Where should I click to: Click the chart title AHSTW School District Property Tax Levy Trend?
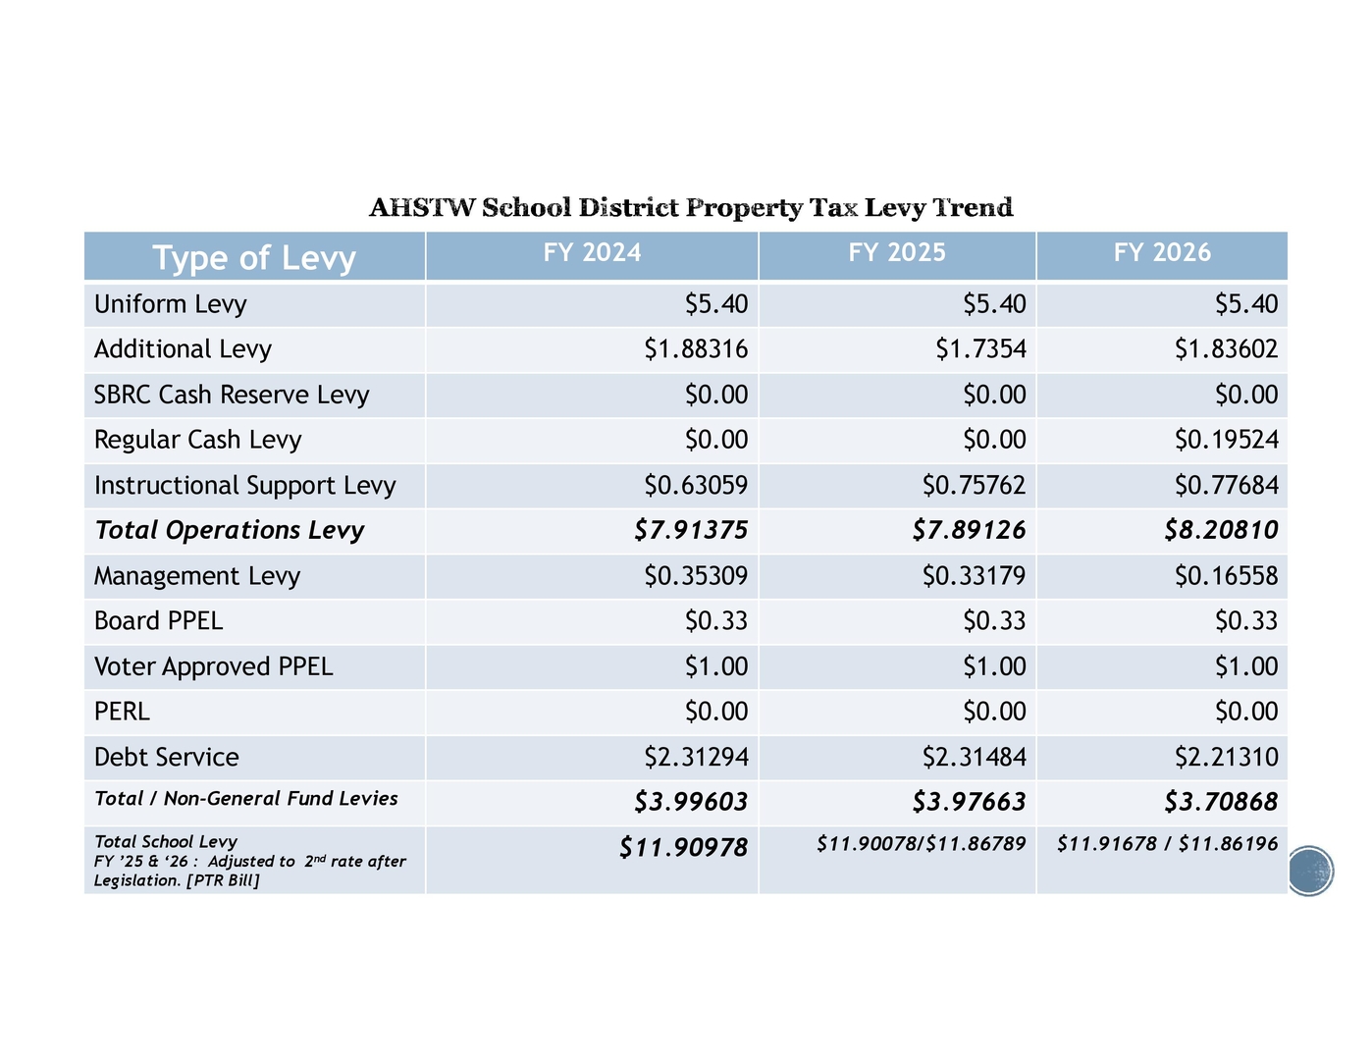tap(691, 208)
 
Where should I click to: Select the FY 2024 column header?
tap(592, 253)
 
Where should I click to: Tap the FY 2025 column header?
tap(897, 253)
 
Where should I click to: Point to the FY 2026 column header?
tap(1162, 253)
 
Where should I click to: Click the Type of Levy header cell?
tap(254, 257)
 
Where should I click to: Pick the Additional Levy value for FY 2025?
tap(980, 349)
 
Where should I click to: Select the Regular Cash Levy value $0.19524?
tap(1226, 440)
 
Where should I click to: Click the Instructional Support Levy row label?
tap(244, 486)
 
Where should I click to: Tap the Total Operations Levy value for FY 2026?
tap(1221, 531)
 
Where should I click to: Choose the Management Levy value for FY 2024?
tap(696, 576)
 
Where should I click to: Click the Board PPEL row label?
tap(158, 621)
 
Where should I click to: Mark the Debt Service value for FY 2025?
tap(974, 758)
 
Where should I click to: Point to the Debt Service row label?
tap(166, 758)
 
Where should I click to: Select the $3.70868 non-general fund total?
tap(1221, 803)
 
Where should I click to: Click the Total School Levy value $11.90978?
tap(683, 848)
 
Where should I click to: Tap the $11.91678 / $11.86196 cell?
tap(1167, 844)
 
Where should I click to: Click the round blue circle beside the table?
tap(1309, 871)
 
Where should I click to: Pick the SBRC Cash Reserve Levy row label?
tap(232, 395)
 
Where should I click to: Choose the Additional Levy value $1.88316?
tap(696, 349)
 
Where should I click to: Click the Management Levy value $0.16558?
tap(1226, 576)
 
